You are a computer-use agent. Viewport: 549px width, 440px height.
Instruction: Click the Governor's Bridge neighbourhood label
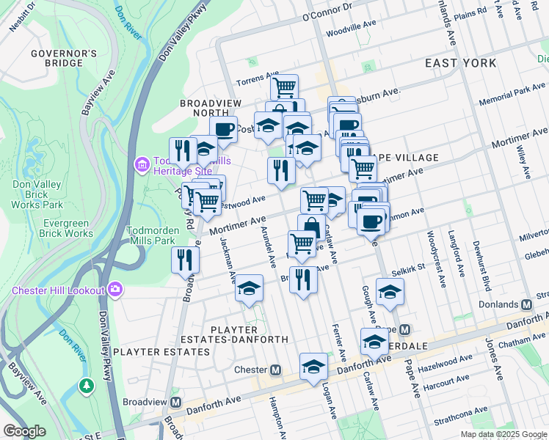click(x=64, y=59)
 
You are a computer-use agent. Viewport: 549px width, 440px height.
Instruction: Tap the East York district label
click(x=461, y=63)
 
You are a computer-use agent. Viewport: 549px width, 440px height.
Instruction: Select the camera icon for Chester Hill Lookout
click(x=115, y=290)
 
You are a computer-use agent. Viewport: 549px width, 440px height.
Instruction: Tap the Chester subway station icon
click(x=276, y=370)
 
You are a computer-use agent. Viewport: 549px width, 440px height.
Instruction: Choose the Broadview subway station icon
click(x=175, y=402)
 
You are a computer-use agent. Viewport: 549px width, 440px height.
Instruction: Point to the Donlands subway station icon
click(x=526, y=304)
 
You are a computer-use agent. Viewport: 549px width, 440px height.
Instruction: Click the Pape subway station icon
click(x=404, y=329)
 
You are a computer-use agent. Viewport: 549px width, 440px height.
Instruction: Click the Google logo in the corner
click(x=24, y=431)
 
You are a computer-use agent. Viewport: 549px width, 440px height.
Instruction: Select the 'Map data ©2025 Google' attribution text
click(x=503, y=434)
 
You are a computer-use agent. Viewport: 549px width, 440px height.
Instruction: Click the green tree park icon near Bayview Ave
click(x=87, y=385)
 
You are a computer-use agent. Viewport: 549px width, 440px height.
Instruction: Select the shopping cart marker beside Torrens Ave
click(x=284, y=87)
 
